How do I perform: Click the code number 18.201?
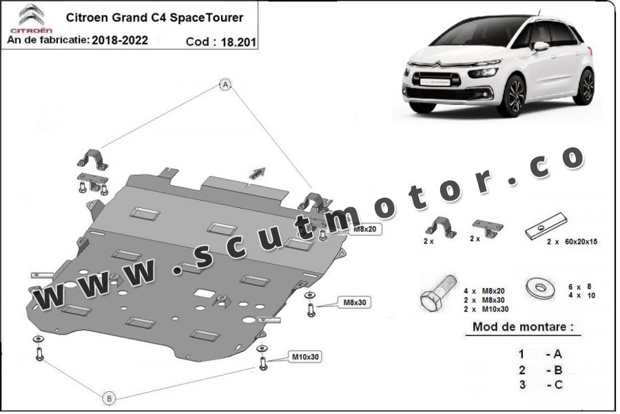pyautogui.click(x=238, y=42)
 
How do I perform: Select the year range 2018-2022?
pyautogui.click(x=120, y=41)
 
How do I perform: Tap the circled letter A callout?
pyautogui.click(x=225, y=85)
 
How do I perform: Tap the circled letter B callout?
pyautogui.click(x=110, y=398)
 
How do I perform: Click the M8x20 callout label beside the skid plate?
pyautogui.click(x=364, y=229)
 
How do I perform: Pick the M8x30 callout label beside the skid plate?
pyautogui.click(x=355, y=302)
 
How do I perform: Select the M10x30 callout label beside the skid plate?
pyautogui.click(x=305, y=357)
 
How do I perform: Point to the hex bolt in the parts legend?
pyautogui.click(x=437, y=294)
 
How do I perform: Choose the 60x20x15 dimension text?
pyautogui.click(x=581, y=242)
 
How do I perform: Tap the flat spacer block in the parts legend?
pyautogui.click(x=546, y=226)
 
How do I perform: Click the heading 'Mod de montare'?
pyautogui.click(x=523, y=327)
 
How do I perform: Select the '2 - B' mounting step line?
pyautogui.click(x=541, y=370)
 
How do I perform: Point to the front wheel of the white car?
pyautogui.click(x=512, y=96)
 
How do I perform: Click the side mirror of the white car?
pyautogui.click(x=541, y=46)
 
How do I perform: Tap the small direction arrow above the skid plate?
pyautogui.click(x=257, y=173)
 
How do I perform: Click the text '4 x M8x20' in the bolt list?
pyautogui.click(x=484, y=291)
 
